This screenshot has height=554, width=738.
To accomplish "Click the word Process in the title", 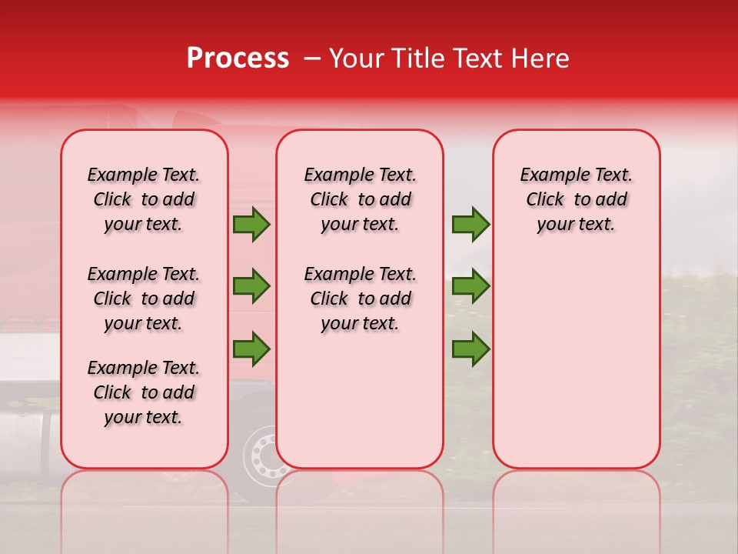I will point(238,58).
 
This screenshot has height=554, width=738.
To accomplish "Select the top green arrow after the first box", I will point(251,225).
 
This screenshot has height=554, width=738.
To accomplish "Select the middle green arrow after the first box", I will point(251,286).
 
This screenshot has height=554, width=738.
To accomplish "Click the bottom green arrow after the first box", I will point(251,348).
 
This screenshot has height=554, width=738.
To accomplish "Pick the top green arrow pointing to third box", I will point(470,225).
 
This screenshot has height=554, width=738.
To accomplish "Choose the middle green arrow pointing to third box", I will point(470,286).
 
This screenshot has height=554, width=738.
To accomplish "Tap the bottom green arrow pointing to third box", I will point(470,348).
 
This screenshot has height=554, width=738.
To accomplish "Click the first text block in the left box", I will point(144,199).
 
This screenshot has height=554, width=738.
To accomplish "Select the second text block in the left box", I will point(144,299).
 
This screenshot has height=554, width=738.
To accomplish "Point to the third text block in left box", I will point(144,392).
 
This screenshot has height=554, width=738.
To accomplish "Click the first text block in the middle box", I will point(361,199).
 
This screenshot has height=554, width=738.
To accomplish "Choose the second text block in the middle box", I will point(361,299).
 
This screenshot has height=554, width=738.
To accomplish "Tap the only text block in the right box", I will point(577,199).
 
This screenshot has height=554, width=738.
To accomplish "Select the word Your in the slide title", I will point(353,58).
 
